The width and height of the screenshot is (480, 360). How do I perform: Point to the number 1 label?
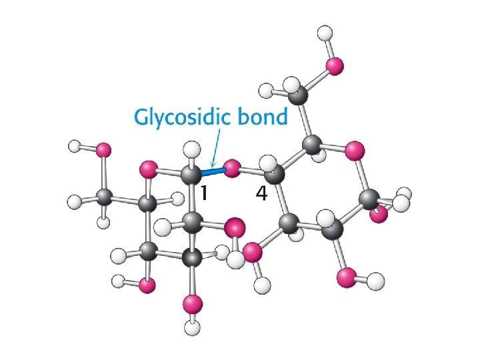point(206,193)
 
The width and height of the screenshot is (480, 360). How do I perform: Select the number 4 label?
point(261,193)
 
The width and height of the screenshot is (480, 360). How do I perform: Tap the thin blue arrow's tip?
point(211,165)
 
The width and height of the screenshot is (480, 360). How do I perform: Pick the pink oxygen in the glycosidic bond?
point(232,169)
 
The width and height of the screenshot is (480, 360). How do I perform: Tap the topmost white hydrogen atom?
point(325,32)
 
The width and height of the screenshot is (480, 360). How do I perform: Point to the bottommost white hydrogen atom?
point(193,327)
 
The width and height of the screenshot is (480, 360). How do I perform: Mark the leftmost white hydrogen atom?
point(74,145)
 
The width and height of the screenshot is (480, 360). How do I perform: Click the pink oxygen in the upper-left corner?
point(103,151)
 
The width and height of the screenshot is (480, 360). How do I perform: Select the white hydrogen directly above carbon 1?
point(192,149)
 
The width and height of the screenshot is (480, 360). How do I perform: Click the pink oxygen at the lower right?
point(347,277)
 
